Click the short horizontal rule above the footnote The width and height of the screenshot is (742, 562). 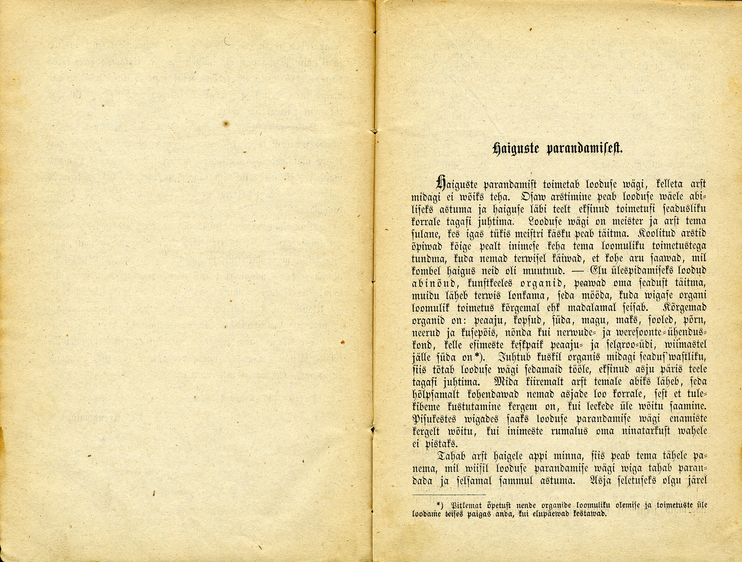(449, 494)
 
